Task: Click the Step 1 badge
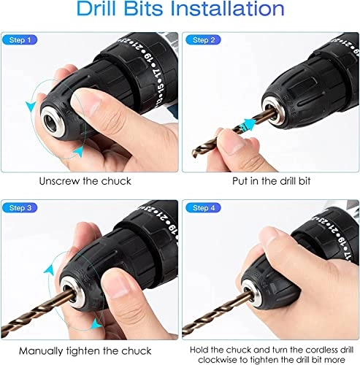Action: click(20, 39)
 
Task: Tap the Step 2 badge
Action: click(204, 39)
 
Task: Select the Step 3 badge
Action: click(20, 208)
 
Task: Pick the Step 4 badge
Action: click(204, 208)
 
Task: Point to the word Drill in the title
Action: click(96, 9)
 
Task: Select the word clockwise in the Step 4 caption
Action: click(217, 360)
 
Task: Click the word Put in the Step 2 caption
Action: click(240, 181)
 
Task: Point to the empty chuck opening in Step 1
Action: click(52, 121)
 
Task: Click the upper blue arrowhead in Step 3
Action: click(50, 269)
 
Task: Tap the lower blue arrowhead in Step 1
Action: click(79, 152)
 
